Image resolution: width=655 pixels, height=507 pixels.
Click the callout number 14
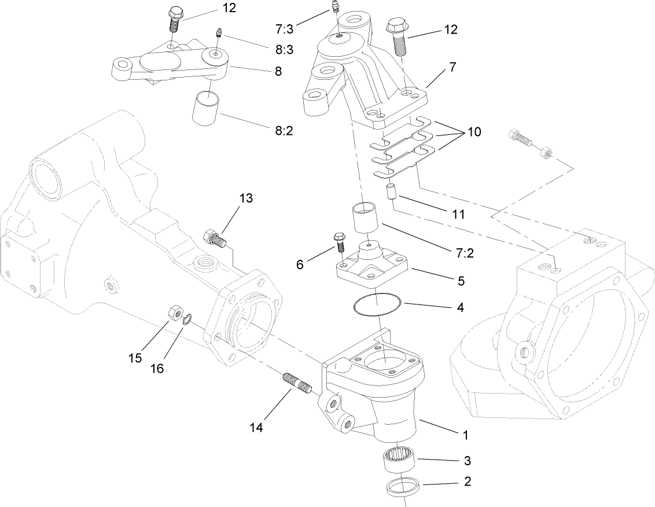point(256,428)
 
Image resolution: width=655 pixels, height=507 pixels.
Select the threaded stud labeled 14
point(297,383)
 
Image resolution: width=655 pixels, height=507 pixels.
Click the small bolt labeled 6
point(338,242)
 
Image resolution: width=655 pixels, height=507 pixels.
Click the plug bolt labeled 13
point(214,237)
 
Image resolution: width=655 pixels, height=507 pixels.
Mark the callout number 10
point(474,131)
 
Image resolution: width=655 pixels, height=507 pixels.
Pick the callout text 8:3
point(284,50)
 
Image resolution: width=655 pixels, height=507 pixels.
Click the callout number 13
point(245,199)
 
